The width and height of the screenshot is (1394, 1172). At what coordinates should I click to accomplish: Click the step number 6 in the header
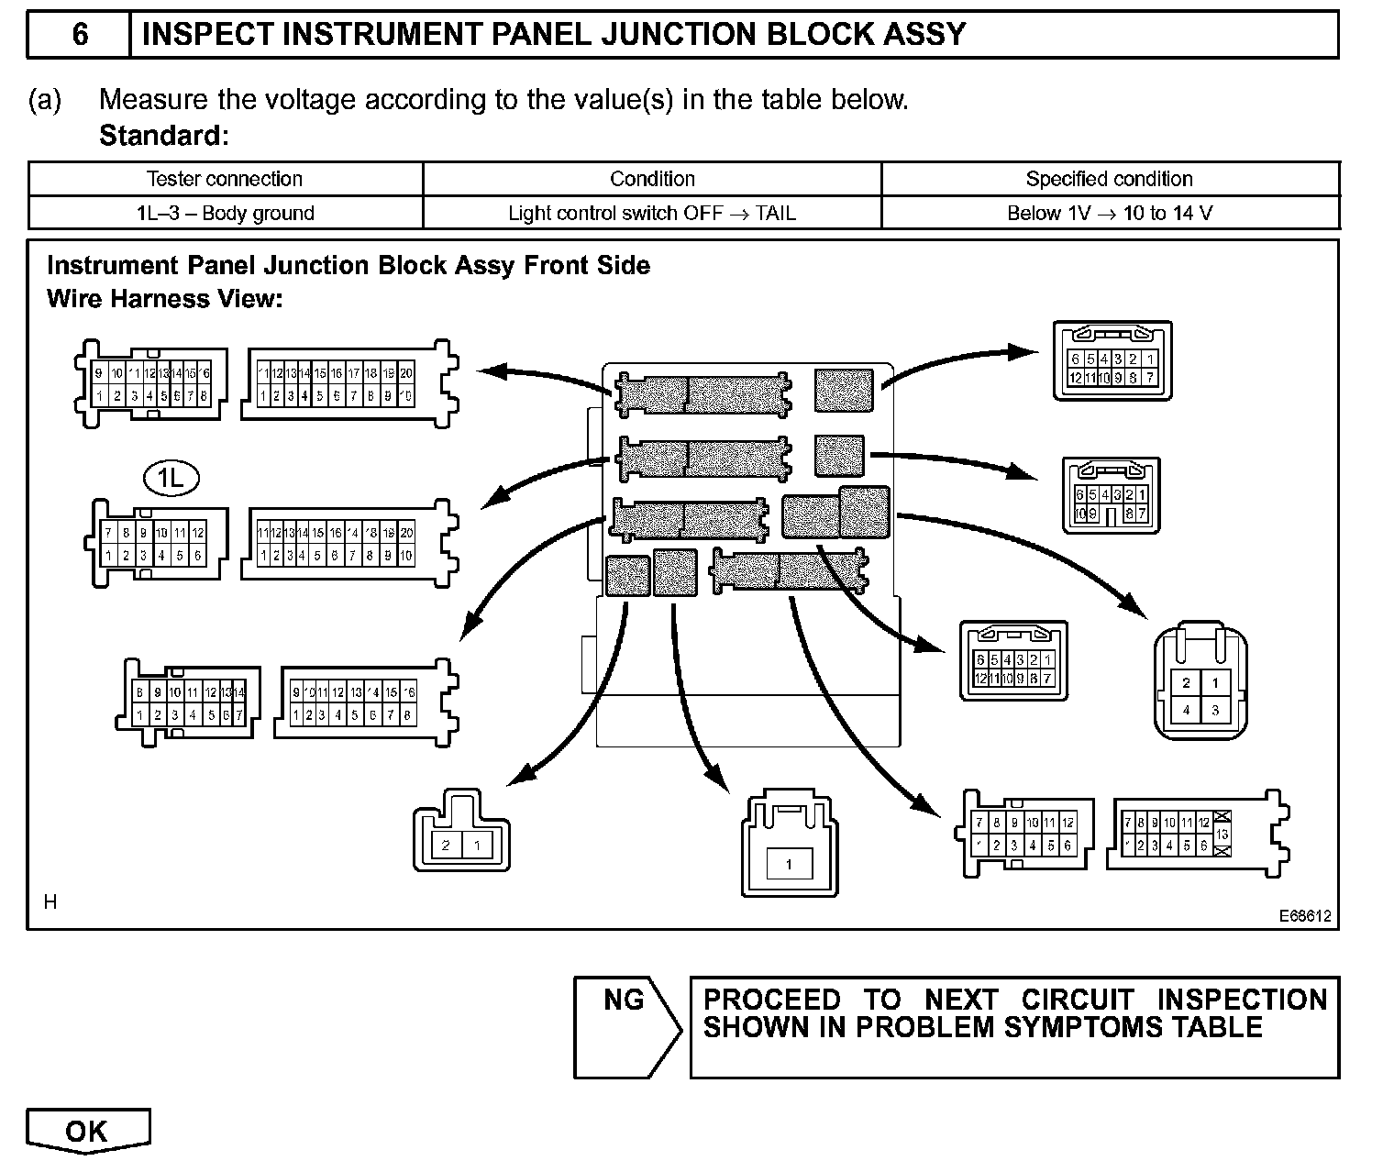coord(80,35)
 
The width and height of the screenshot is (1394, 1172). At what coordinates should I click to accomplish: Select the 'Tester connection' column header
coord(225,179)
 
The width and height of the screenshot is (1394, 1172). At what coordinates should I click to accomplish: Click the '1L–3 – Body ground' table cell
coord(225,214)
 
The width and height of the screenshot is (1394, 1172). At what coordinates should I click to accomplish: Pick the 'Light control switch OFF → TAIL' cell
coord(652,214)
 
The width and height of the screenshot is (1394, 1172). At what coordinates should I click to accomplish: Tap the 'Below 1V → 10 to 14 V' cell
coord(1110,214)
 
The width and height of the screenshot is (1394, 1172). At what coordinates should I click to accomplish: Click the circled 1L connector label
coord(171,477)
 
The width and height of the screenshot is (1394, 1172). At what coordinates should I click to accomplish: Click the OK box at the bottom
coord(87,1132)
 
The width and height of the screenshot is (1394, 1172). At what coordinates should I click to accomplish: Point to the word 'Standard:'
coord(163,136)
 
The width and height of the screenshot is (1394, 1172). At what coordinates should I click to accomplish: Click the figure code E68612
coord(1305,915)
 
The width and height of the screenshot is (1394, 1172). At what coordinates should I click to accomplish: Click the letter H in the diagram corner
coord(50,902)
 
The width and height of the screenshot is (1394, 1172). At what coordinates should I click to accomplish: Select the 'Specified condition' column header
coord(1110,179)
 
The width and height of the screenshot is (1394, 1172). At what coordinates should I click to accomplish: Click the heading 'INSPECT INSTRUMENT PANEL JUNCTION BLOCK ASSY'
coord(554,35)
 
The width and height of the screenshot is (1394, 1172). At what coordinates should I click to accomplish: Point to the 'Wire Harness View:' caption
coord(165,299)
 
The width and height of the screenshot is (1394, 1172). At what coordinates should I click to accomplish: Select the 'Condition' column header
coord(652,179)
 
